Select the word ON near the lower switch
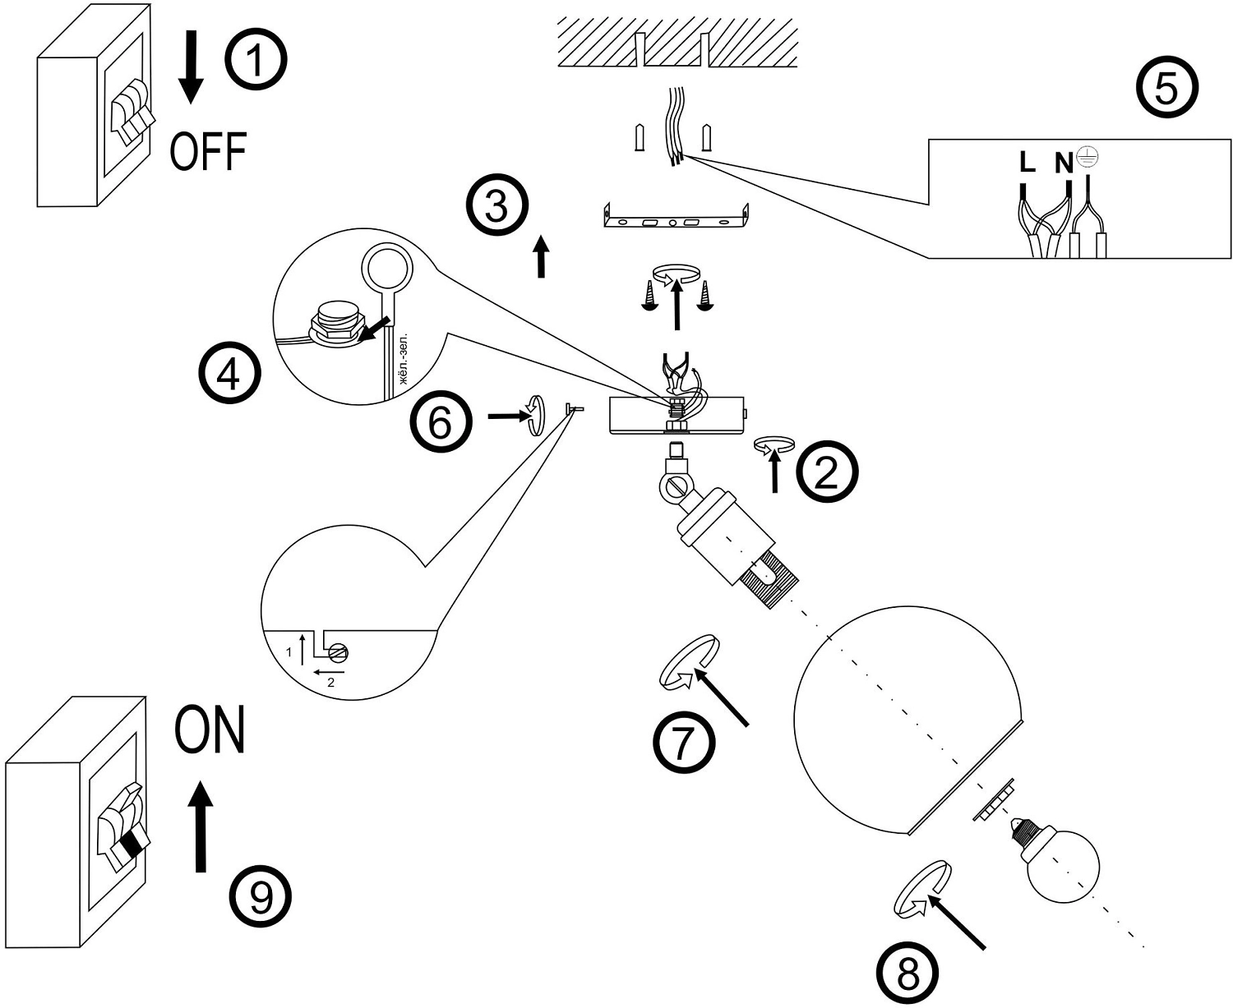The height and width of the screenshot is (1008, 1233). coord(210,730)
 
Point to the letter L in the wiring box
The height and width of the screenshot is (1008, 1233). coord(1027,163)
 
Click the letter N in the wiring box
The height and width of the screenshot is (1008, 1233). coord(1064,163)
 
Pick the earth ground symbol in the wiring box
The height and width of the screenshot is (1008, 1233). coord(1087,158)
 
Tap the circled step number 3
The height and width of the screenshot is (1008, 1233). coord(496,206)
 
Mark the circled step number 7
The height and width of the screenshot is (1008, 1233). coord(684,743)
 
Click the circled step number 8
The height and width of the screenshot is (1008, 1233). coord(908,975)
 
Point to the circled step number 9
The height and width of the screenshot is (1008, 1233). coord(261,898)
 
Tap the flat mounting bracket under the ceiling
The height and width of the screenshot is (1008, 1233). coord(676,219)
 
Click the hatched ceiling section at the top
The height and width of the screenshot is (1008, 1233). coord(677,42)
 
